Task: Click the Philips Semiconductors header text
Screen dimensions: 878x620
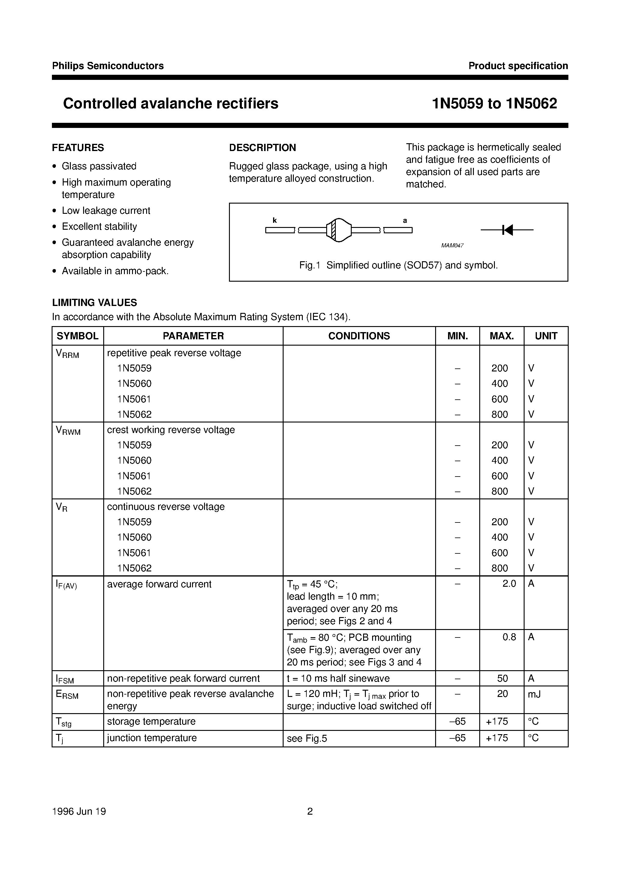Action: tap(108, 66)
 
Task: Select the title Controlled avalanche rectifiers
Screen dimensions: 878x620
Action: tap(170, 104)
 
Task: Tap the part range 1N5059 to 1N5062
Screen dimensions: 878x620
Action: tap(494, 104)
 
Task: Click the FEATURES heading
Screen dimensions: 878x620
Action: tap(78, 148)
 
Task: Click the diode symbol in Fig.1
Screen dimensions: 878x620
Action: tap(507, 230)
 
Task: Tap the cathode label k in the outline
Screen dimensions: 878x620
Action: tap(275, 220)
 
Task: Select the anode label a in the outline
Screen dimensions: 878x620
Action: tap(405, 221)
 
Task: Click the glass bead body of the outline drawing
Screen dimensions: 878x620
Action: tap(339, 230)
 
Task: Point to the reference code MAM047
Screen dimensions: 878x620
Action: tap(452, 246)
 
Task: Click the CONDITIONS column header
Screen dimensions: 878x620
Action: tap(359, 336)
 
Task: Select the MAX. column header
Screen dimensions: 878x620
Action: tap(501, 336)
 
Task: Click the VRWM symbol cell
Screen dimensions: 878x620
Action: tap(68, 431)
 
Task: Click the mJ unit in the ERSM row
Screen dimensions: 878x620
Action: tap(534, 694)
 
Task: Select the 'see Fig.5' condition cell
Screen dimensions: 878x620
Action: tap(307, 738)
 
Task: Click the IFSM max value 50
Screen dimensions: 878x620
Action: tap(502, 678)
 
